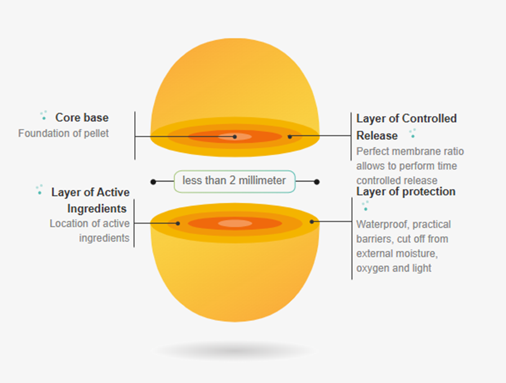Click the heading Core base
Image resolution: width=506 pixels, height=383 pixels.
(x=82, y=118)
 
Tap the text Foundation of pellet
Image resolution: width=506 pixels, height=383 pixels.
(x=63, y=133)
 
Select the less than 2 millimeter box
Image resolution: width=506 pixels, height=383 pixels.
(x=234, y=181)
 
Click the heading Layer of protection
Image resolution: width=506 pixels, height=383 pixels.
(x=406, y=191)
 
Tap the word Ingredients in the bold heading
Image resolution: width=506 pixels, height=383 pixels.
(x=97, y=209)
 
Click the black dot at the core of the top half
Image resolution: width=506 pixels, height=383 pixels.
(x=234, y=137)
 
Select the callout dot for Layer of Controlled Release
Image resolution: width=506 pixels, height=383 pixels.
(x=290, y=137)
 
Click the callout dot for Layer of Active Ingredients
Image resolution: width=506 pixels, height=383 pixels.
(x=178, y=223)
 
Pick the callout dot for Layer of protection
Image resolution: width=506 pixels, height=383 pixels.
(x=312, y=222)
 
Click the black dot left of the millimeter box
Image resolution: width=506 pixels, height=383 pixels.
(x=153, y=182)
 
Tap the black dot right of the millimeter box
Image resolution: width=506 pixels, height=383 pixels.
(x=317, y=182)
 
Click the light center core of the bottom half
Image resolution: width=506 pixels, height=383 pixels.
(x=235, y=223)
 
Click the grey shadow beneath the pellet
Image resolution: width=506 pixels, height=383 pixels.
(x=234, y=351)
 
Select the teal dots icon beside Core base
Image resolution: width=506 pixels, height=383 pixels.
(x=43, y=115)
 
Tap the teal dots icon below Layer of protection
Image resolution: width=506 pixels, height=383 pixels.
(x=365, y=206)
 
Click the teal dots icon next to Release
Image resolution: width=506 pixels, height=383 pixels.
(x=412, y=133)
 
